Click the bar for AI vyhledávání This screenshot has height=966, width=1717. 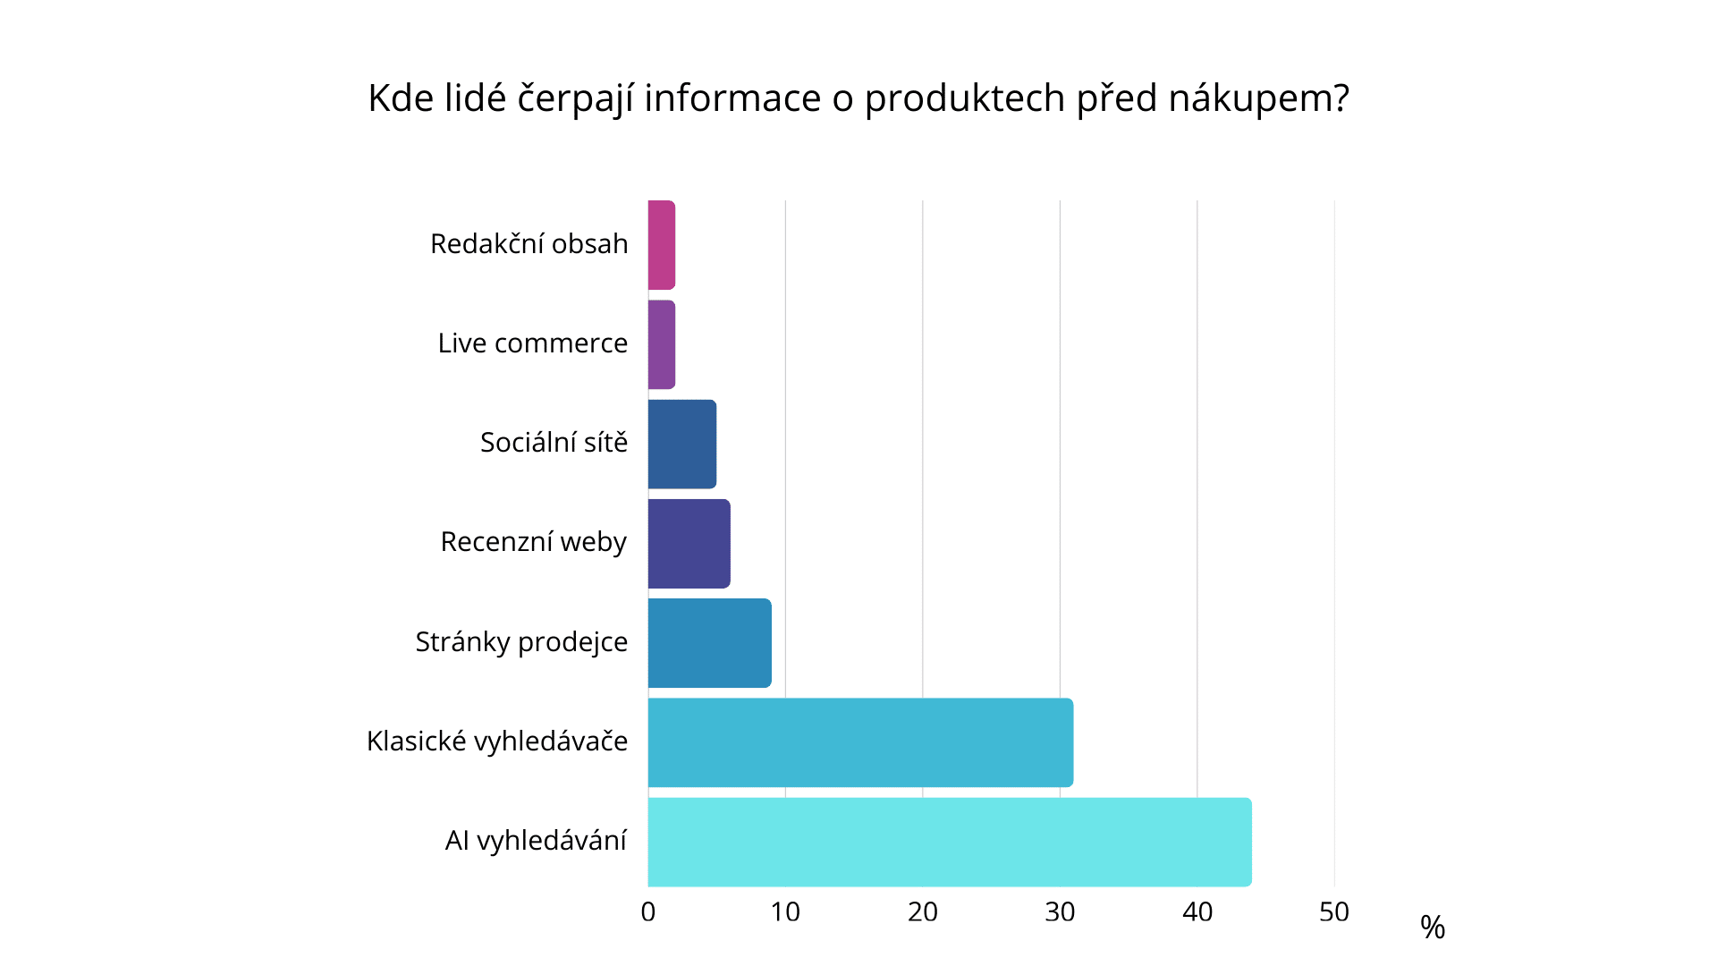point(950,842)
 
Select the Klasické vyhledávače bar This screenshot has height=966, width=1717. point(860,742)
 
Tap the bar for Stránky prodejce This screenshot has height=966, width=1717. point(709,643)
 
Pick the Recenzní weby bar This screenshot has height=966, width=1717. point(689,544)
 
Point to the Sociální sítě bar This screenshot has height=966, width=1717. point(681,445)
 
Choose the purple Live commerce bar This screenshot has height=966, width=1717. point(662,344)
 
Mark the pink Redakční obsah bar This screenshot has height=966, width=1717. point(662,245)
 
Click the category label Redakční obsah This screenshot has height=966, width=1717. point(529,244)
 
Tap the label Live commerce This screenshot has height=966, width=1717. point(532,343)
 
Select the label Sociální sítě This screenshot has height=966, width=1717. point(554,443)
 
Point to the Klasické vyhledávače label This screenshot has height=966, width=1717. point(497,741)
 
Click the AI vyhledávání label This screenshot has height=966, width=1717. point(536,841)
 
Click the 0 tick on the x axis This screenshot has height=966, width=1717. point(648,912)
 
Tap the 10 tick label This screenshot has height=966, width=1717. point(785,912)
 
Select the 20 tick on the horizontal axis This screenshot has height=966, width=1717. point(923,912)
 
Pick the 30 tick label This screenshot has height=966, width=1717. point(1060,912)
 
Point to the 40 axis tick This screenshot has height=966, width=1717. point(1197,912)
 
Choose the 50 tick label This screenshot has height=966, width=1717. point(1334,912)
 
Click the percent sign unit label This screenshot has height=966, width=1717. point(1433,928)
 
